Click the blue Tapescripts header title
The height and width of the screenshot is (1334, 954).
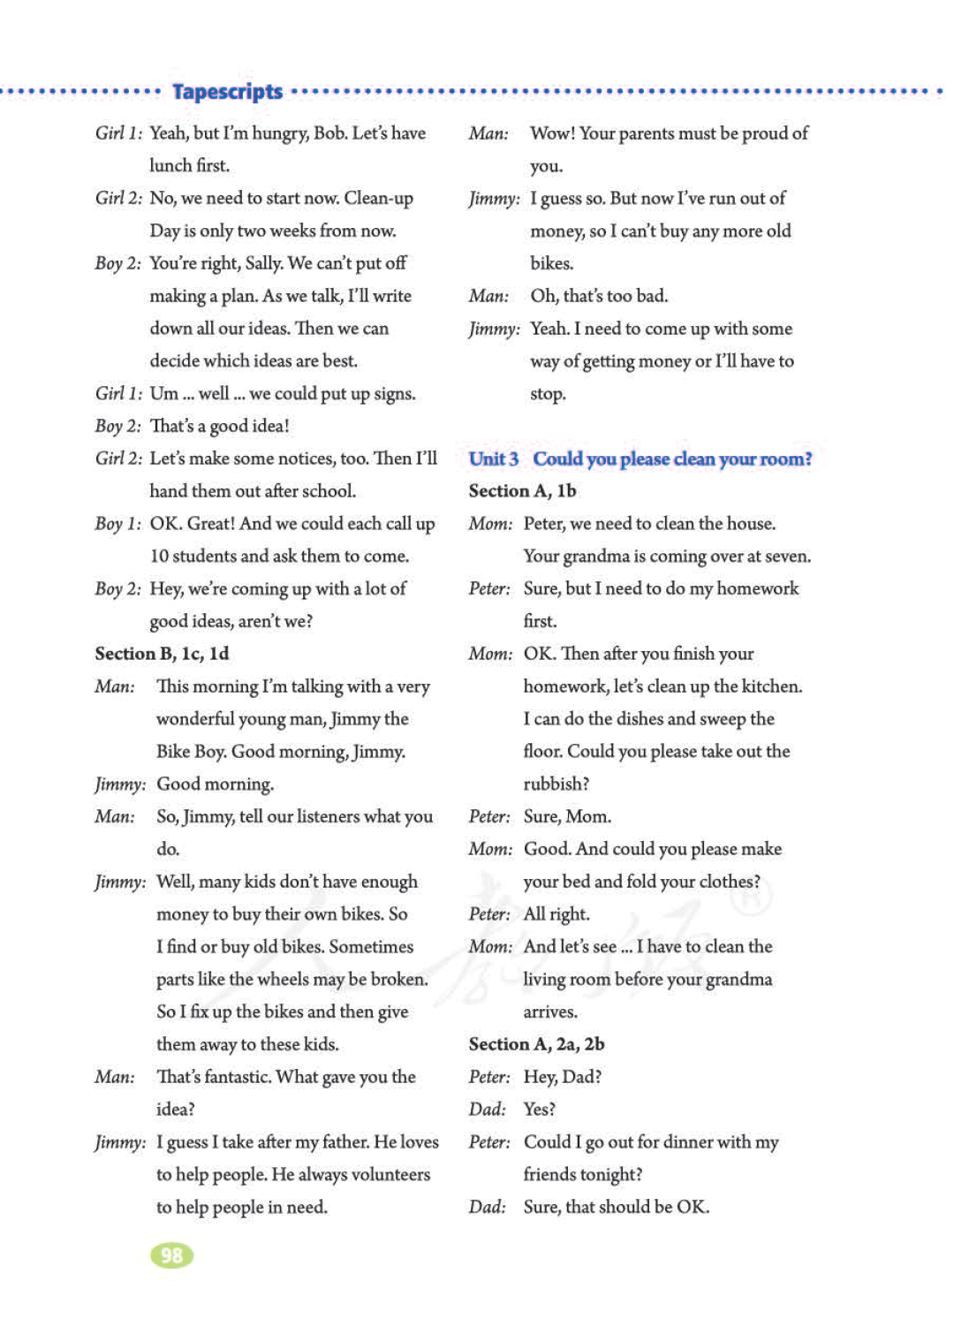tap(227, 92)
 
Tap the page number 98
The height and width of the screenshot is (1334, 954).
tap(171, 1255)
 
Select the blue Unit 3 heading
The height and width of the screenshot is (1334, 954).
tap(640, 459)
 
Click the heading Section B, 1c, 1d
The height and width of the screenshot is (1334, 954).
tap(162, 654)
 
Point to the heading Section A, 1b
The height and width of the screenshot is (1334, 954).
tap(522, 491)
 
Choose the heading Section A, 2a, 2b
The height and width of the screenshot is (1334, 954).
tap(536, 1044)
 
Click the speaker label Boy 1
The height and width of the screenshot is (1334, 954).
tap(117, 524)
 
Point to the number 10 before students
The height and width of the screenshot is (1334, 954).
tap(159, 557)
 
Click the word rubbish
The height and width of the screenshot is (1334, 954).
tap(555, 784)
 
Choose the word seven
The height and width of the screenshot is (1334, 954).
tap(785, 557)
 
